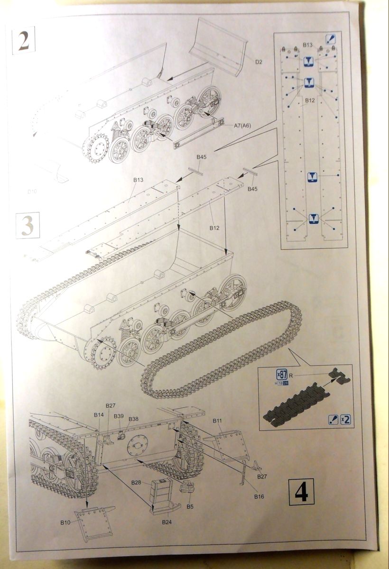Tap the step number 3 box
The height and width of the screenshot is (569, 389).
pyautogui.click(x=28, y=225)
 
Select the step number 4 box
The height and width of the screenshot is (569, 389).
pyautogui.click(x=301, y=491)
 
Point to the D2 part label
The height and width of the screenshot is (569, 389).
pyautogui.click(x=259, y=62)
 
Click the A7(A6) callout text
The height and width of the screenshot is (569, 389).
pyautogui.click(x=243, y=126)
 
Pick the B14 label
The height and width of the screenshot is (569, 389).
pyautogui.click(x=98, y=414)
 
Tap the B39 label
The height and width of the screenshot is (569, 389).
pyautogui.click(x=119, y=416)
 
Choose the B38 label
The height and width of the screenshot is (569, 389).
pyautogui.click(x=133, y=419)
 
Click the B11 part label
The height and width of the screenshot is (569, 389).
pyautogui.click(x=218, y=421)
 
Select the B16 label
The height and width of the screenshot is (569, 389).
pyautogui.click(x=259, y=496)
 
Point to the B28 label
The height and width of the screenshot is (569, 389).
pyautogui.click(x=136, y=482)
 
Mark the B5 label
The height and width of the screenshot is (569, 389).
pyautogui.click(x=190, y=506)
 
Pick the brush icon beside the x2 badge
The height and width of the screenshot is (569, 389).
pyautogui.click(x=333, y=419)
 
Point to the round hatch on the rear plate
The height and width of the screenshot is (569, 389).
pyautogui.click(x=137, y=445)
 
